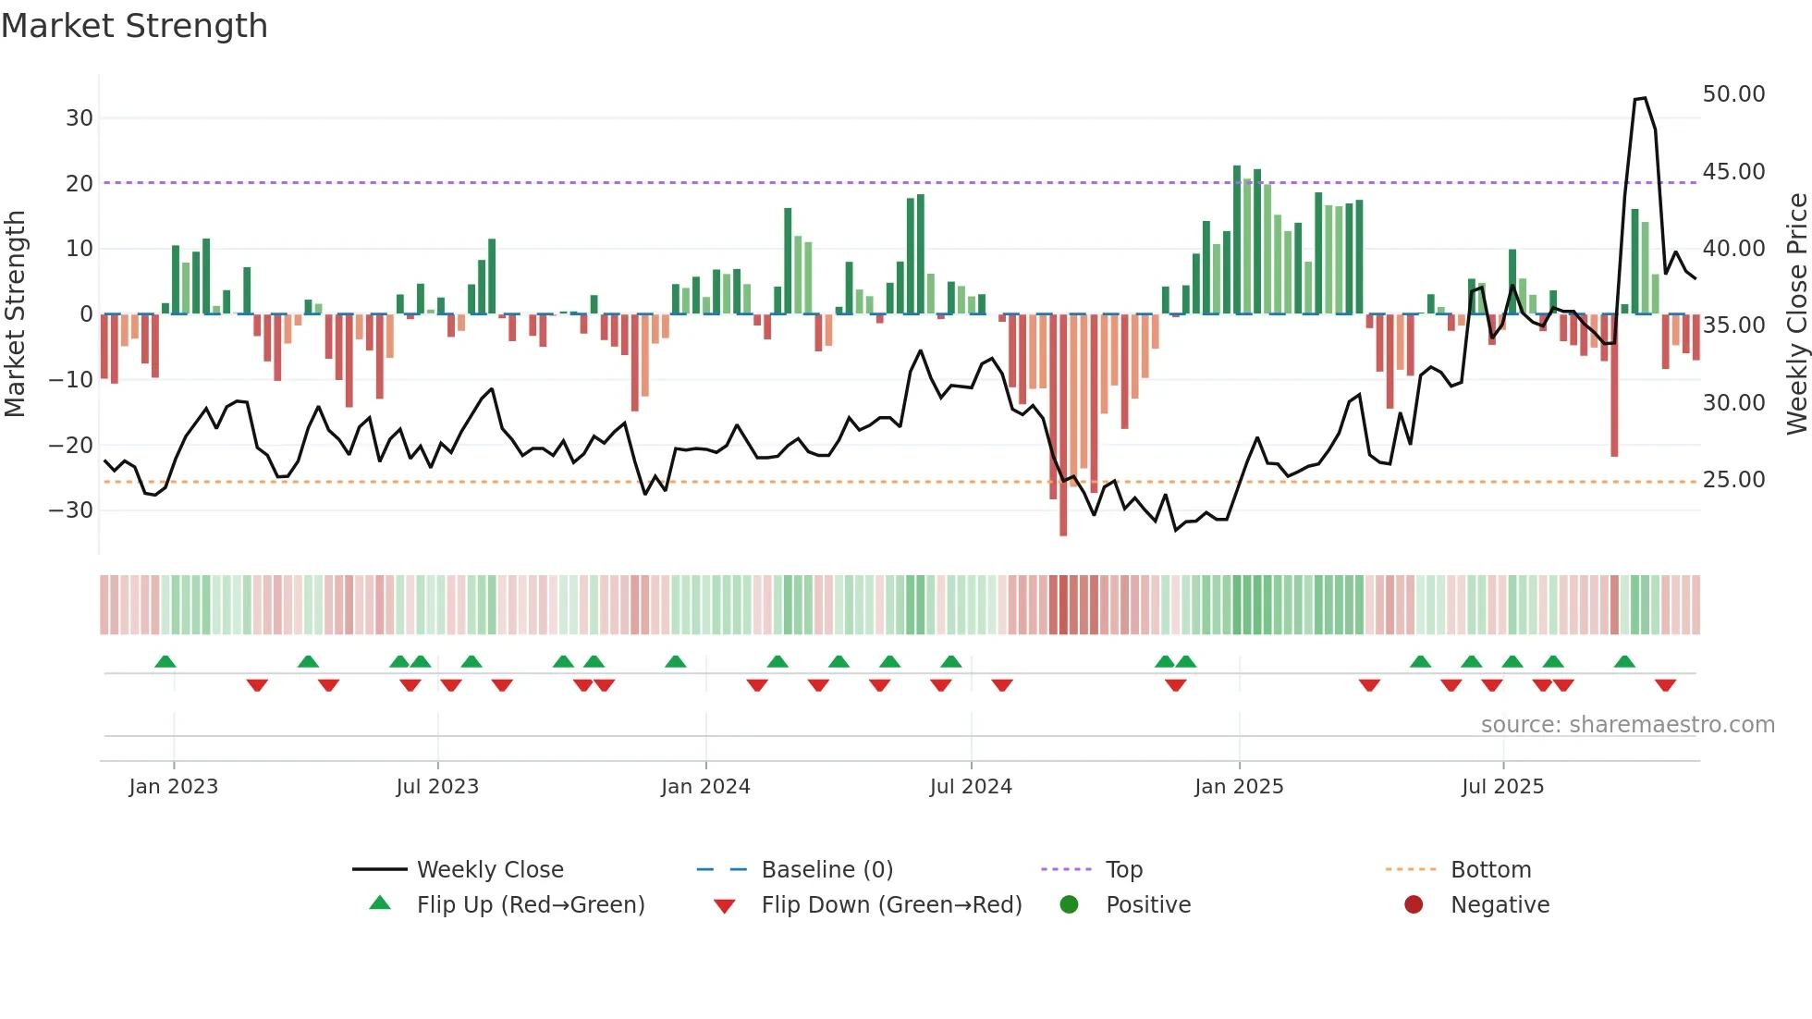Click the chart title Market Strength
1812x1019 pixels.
(x=134, y=26)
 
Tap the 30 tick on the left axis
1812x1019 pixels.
(x=80, y=118)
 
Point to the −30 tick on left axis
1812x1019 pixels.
(x=71, y=510)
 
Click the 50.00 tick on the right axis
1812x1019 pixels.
(x=1733, y=94)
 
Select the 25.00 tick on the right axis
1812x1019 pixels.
(x=1733, y=480)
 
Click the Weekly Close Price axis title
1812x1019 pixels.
(x=1796, y=314)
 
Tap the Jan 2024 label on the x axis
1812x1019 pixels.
(x=705, y=787)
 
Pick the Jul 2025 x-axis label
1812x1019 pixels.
(x=1502, y=787)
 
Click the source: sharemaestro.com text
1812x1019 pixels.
(x=1627, y=725)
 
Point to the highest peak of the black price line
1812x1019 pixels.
(x=1644, y=98)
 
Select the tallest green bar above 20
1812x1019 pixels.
(x=1237, y=240)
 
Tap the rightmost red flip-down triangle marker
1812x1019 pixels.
(x=1665, y=685)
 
